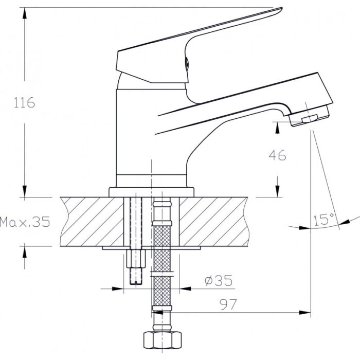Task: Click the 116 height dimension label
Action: point(24,102)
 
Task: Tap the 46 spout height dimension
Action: point(278,155)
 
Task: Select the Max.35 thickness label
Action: point(25,222)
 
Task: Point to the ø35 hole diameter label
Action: point(219,280)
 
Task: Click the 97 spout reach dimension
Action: point(228,304)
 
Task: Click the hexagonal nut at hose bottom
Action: point(163,340)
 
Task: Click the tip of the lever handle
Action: point(281,8)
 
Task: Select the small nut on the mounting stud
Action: point(136,259)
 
